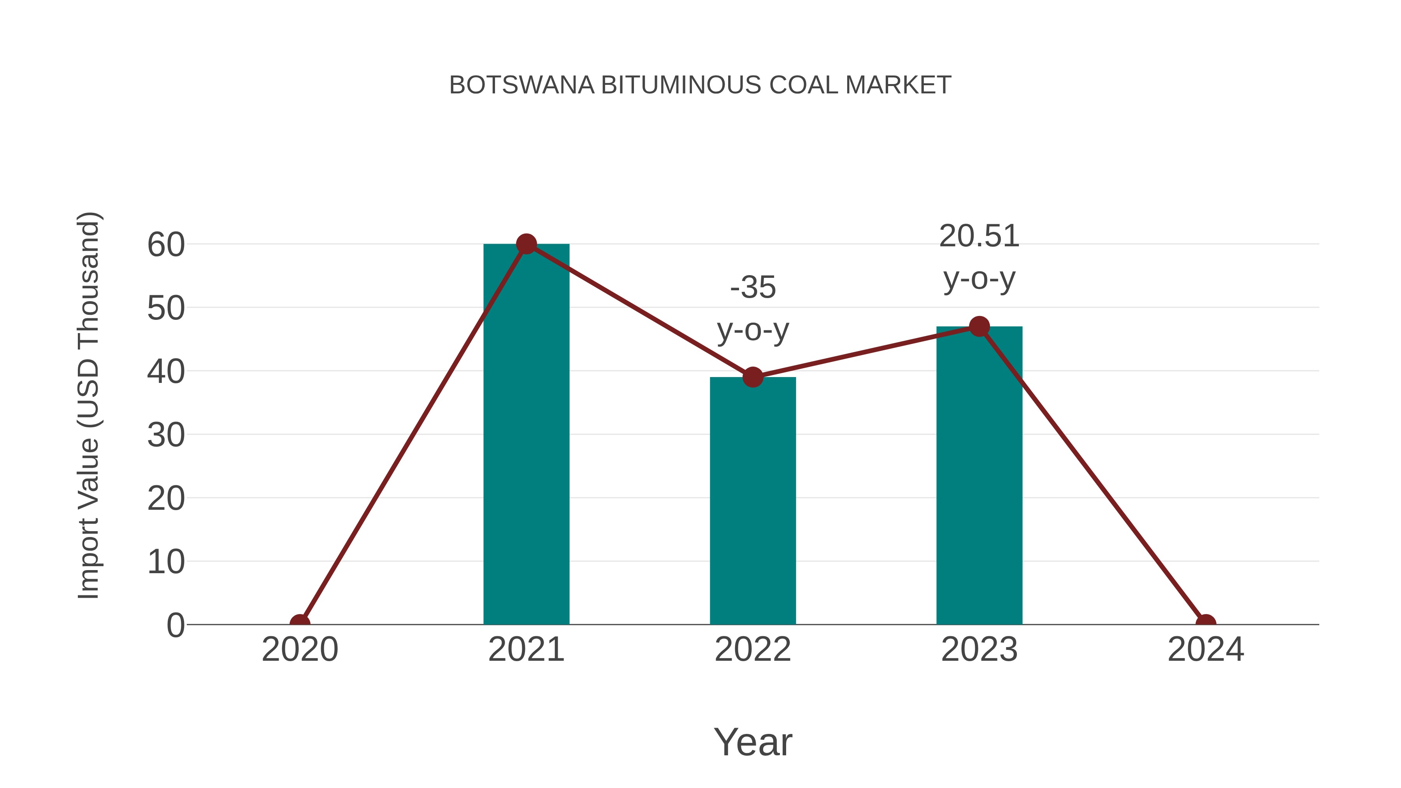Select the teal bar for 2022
coord(753,500)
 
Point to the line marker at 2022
coord(753,376)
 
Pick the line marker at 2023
coord(979,326)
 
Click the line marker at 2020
coord(300,623)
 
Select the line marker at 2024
coord(1206,623)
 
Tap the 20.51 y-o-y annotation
coord(979,257)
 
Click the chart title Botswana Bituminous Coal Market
coord(700,85)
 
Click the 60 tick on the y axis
coord(166,245)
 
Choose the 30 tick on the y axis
coord(166,435)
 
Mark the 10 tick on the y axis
coord(166,562)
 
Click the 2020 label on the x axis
coord(300,649)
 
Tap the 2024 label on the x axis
coord(1206,649)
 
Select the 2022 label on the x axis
coord(753,649)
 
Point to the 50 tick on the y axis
coord(166,308)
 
